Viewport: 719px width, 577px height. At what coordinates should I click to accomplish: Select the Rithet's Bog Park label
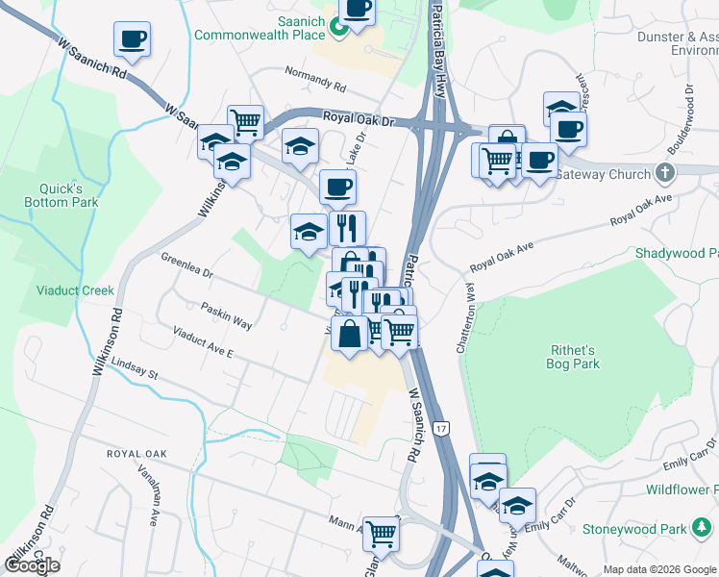pyautogui.click(x=575, y=357)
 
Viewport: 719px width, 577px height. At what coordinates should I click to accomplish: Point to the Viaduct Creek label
pyautogui.click(x=75, y=290)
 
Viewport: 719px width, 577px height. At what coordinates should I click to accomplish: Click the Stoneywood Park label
pyautogui.click(x=633, y=529)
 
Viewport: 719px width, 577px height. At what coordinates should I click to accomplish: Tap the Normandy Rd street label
pyautogui.click(x=316, y=76)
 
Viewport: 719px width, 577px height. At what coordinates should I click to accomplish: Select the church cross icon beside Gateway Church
pyautogui.click(x=662, y=173)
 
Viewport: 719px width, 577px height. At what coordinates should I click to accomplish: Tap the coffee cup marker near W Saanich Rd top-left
pyautogui.click(x=132, y=39)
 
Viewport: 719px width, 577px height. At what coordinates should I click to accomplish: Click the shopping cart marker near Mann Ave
pyautogui.click(x=382, y=532)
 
